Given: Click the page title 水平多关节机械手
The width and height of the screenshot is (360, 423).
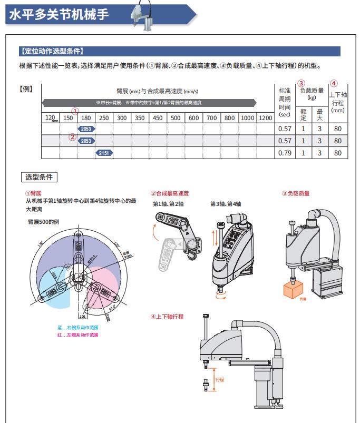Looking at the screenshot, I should (x=59, y=14).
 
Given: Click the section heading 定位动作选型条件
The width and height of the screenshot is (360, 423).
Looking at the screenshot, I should (x=51, y=52).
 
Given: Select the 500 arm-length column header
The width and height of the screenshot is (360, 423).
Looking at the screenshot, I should (x=176, y=118).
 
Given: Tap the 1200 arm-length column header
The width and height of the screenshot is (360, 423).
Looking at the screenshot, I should (x=265, y=118).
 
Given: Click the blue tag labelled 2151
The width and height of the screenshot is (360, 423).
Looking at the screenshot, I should (x=104, y=153).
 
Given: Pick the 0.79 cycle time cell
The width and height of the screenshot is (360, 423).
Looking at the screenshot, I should (x=284, y=153).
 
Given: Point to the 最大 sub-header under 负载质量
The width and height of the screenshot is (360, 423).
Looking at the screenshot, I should (x=319, y=114).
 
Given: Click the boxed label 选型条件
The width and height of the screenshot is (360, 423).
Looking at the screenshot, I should (x=38, y=177).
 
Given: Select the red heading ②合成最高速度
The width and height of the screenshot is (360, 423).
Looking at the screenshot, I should (x=170, y=194).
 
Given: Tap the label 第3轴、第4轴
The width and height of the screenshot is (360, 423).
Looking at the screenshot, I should (x=226, y=204).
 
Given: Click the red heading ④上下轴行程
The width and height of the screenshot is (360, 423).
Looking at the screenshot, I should (x=167, y=317).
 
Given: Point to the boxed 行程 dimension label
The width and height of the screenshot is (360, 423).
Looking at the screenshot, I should (x=220, y=380).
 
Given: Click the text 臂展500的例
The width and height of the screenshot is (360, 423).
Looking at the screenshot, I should (x=43, y=222).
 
